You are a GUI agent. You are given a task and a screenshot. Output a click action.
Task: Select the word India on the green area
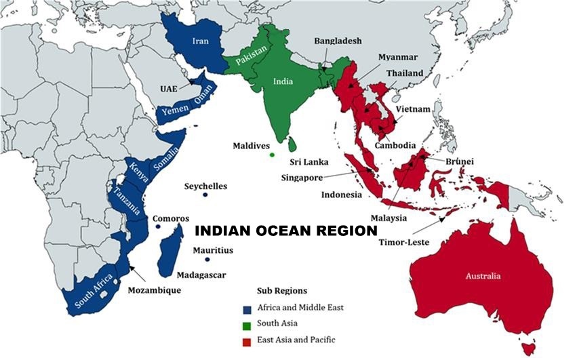pos(283,81)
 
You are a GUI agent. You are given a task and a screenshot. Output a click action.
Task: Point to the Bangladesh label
pos(338,41)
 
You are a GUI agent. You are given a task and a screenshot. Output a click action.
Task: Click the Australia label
pos(483,276)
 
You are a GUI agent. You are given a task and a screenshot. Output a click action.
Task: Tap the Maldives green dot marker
pos(272,155)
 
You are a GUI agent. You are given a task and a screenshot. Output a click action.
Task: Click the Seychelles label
pos(206,186)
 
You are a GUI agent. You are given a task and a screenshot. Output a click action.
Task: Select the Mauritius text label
pos(212,250)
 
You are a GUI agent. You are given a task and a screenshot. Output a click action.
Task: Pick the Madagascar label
pos(201,275)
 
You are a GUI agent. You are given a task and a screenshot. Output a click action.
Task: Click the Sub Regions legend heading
pos(281,290)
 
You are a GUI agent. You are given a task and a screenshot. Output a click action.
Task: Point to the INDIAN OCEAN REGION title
pos(286,231)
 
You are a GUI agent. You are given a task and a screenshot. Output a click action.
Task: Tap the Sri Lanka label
pos(309,162)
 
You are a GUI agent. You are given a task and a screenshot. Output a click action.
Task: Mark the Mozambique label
pos(155,290)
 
